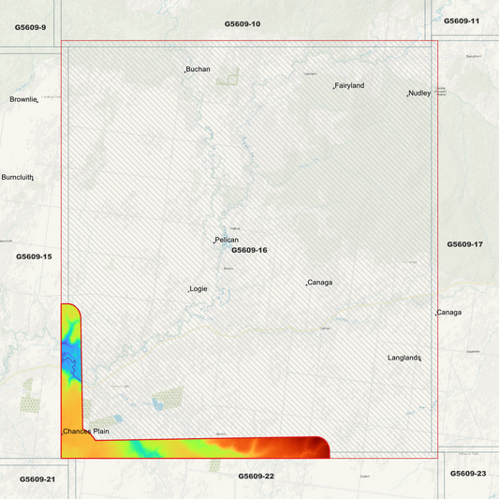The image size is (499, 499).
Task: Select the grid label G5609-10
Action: click(x=242, y=22)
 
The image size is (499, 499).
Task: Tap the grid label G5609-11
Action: click(x=462, y=21)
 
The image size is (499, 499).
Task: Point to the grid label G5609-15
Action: click(x=34, y=256)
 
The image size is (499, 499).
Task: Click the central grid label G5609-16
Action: click(x=249, y=250)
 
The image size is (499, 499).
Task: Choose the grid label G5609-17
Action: click(x=464, y=244)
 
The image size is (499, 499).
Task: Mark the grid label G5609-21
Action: click(x=37, y=479)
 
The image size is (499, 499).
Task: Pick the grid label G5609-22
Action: click(x=256, y=477)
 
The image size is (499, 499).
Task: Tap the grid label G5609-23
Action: click(x=468, y=474)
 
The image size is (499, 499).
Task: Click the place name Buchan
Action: click(x=198, y=69)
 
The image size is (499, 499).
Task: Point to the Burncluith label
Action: click(x=17, y=177)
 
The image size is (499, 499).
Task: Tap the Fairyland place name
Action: click(x=349, y=85)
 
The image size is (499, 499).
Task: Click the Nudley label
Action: click(x=418, y=93)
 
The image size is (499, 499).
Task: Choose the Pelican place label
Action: click(x=226, y=240)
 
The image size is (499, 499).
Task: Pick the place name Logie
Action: click(x=198, y=288)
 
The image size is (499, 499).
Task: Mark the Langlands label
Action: click(x=405, y=358)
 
